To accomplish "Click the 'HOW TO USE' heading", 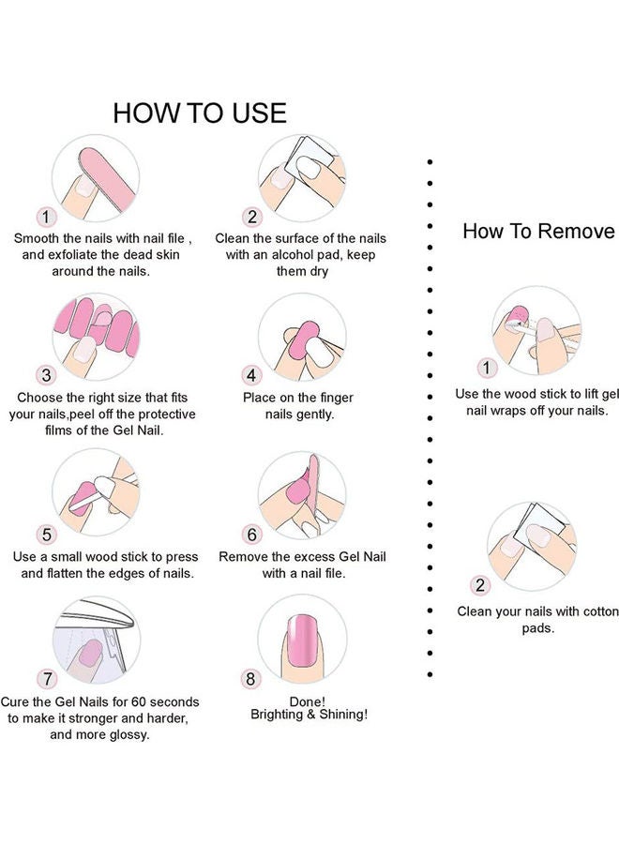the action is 200,113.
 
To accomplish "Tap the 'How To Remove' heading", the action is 538,231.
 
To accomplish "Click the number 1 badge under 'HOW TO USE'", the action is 46,217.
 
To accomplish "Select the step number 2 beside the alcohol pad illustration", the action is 252,217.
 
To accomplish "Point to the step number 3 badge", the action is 46,375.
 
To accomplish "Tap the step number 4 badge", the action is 251,375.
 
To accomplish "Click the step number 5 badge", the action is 47,535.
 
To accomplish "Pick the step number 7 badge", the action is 48,679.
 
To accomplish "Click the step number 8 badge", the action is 250,679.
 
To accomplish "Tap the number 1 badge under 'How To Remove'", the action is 487,368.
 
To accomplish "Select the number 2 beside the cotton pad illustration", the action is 479,585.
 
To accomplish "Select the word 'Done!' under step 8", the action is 308,701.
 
